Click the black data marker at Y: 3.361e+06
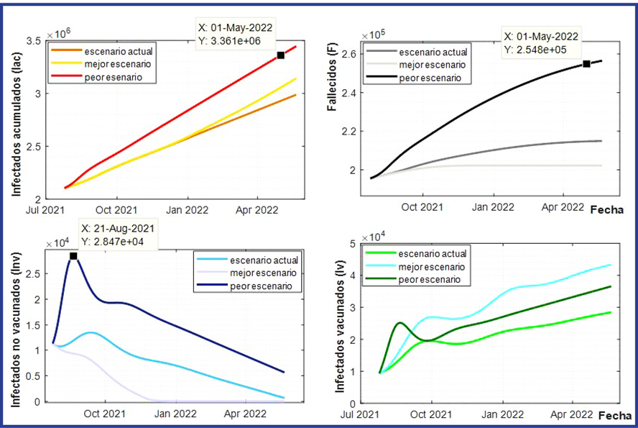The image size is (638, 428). pos(280,55)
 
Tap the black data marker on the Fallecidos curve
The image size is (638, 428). pos(586,64)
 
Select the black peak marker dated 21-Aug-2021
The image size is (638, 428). pos(73,256)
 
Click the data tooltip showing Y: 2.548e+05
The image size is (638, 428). pos(541,43)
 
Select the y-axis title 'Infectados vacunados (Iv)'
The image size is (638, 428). pos(339,324)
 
